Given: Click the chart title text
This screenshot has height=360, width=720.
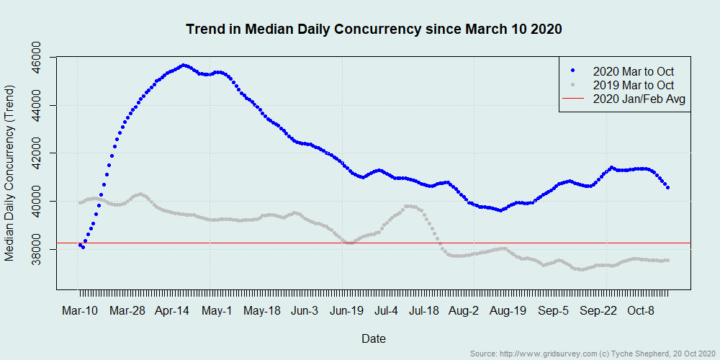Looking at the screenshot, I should (x=374, y=30).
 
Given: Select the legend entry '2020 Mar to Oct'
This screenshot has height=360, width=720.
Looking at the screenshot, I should (x=633, y=71).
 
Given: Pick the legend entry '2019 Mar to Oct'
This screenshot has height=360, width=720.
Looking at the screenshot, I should (x=633, y=85).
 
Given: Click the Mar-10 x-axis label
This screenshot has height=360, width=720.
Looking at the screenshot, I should (x=79, y=312).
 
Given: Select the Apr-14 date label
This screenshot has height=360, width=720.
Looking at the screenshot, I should (x=172, y=312).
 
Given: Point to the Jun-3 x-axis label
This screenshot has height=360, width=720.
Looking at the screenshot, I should (x=305, y=312).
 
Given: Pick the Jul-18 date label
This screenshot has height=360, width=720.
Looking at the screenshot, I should (x=424, y=312).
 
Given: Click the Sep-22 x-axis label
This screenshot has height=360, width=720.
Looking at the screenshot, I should (x=599, y=312).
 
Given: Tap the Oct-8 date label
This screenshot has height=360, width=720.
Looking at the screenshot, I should (x=641, y=312).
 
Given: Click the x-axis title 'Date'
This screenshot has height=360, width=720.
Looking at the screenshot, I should (x=373, y=338).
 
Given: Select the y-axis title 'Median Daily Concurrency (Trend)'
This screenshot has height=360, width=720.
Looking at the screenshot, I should (x=10, y=174).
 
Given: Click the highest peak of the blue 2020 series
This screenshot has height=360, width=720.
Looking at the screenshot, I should (x=184, y=66).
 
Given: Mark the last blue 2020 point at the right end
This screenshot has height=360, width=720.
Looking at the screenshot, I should (x=668, y=188).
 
